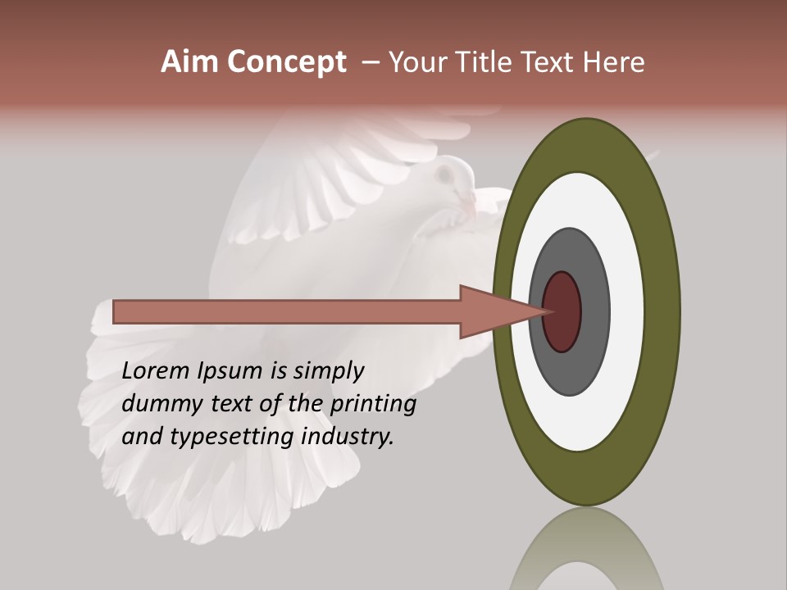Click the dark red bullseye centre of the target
(562, 312)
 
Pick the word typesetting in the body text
(233, 438)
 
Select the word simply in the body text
(328, 372)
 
